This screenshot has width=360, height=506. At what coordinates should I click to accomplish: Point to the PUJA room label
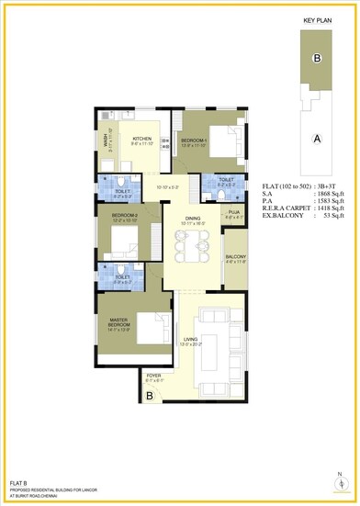click(234, 213)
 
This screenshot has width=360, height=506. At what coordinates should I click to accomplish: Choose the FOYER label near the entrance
click(152, 376)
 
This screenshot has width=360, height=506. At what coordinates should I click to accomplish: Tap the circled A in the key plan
click(317, 139)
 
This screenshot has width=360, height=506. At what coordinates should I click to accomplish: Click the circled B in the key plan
click(317, 58)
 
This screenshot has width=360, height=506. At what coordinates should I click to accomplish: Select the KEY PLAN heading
click(316, 18)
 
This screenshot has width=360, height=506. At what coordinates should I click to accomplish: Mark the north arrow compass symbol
click(341, 485)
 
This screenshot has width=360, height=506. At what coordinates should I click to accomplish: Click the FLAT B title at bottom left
click(20, 482)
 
